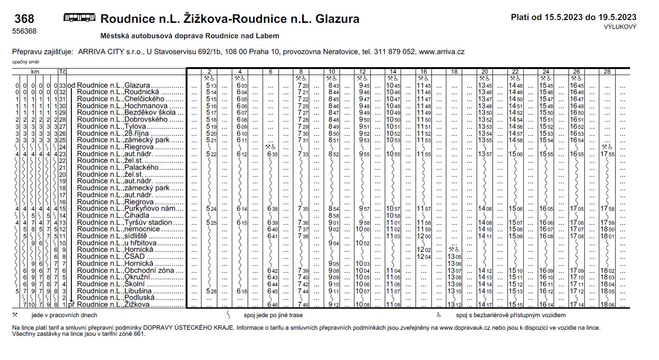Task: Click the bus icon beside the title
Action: [79, 18]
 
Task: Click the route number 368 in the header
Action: [24, 19]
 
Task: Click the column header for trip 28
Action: [607, 71]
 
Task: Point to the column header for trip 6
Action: [271, 71]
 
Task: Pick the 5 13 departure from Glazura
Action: [211, 86]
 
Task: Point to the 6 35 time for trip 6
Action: [273, 154]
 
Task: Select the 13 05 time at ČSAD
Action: [455, 257]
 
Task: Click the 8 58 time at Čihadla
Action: [333, 216]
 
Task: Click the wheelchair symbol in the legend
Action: [438, 315]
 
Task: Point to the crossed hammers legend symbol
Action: [16, 315]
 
